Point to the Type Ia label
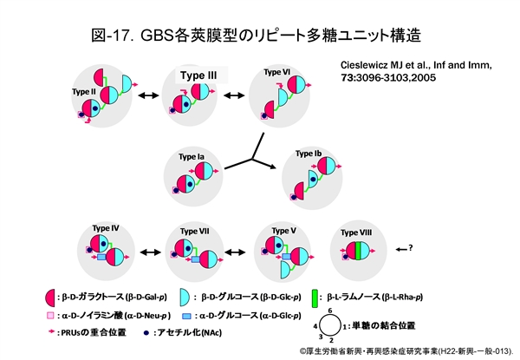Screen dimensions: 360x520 point(192,156)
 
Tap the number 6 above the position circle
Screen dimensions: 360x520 point(329,310)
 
